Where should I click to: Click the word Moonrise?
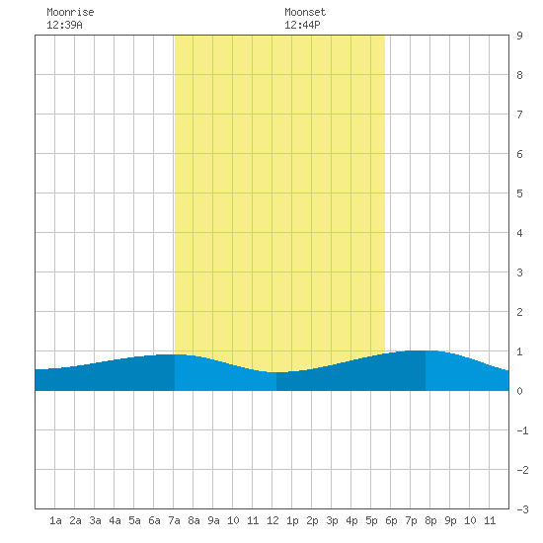(x=70, y=12)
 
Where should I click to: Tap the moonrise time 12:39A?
(x=64, y=25)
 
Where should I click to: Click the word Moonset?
(x=305, y=12)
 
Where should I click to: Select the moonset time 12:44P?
(x=302, y=25)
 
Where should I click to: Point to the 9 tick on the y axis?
(x=519, y=36)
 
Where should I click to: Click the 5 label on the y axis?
(x=519, y=194)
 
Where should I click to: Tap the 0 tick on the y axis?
(x=519, y=391)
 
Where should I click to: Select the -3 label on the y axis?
(x=522, y=509)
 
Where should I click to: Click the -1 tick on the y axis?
(x=522, y=430)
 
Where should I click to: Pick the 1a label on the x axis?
(x=55, y=520)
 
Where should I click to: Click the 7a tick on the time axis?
(x=174, y=520)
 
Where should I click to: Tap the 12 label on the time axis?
(x=272, y=520)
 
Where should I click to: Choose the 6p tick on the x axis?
(x=391, y=520)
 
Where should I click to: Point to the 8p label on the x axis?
(x=430, y=520)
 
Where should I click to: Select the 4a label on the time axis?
(x=115, y=520)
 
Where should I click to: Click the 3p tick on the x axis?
(x=332, y=520)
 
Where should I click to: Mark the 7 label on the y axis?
(x=519, y=115)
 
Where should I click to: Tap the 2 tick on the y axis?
(x=519, y=312)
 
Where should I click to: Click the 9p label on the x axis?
(x=450, y=520)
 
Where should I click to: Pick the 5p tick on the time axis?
(x=371, y=520)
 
